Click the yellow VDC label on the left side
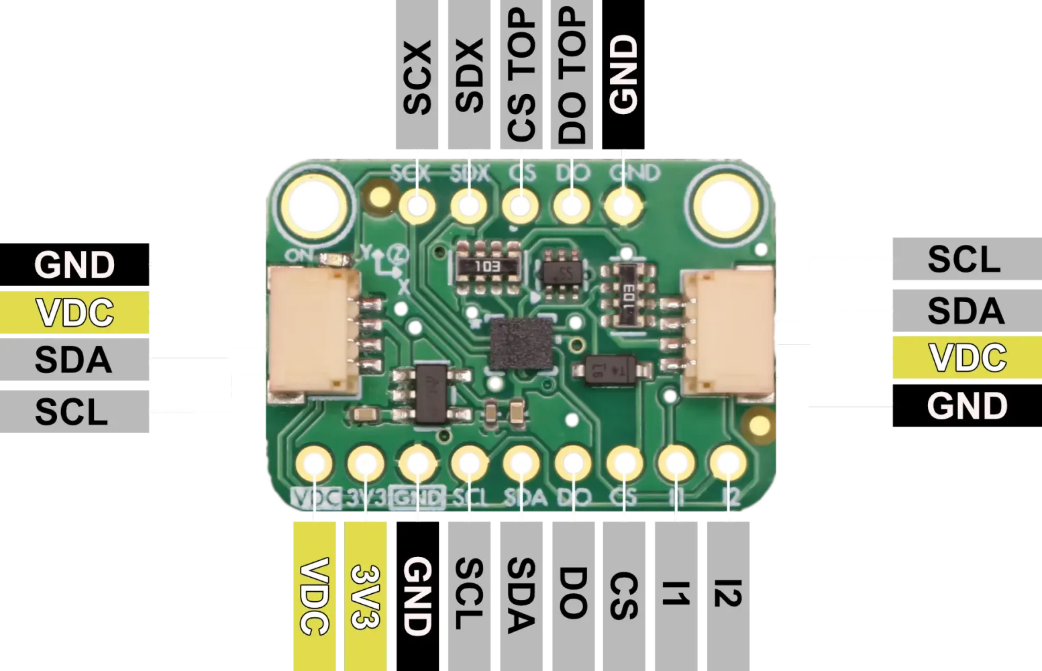[x=74, y=313]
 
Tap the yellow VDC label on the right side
[x=967, y=358]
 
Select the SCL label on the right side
[x=963, y=259]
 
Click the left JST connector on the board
[x=313, y=330]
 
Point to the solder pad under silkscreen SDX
[x=468, y=205]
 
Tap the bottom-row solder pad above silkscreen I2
[x=727, y=463]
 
